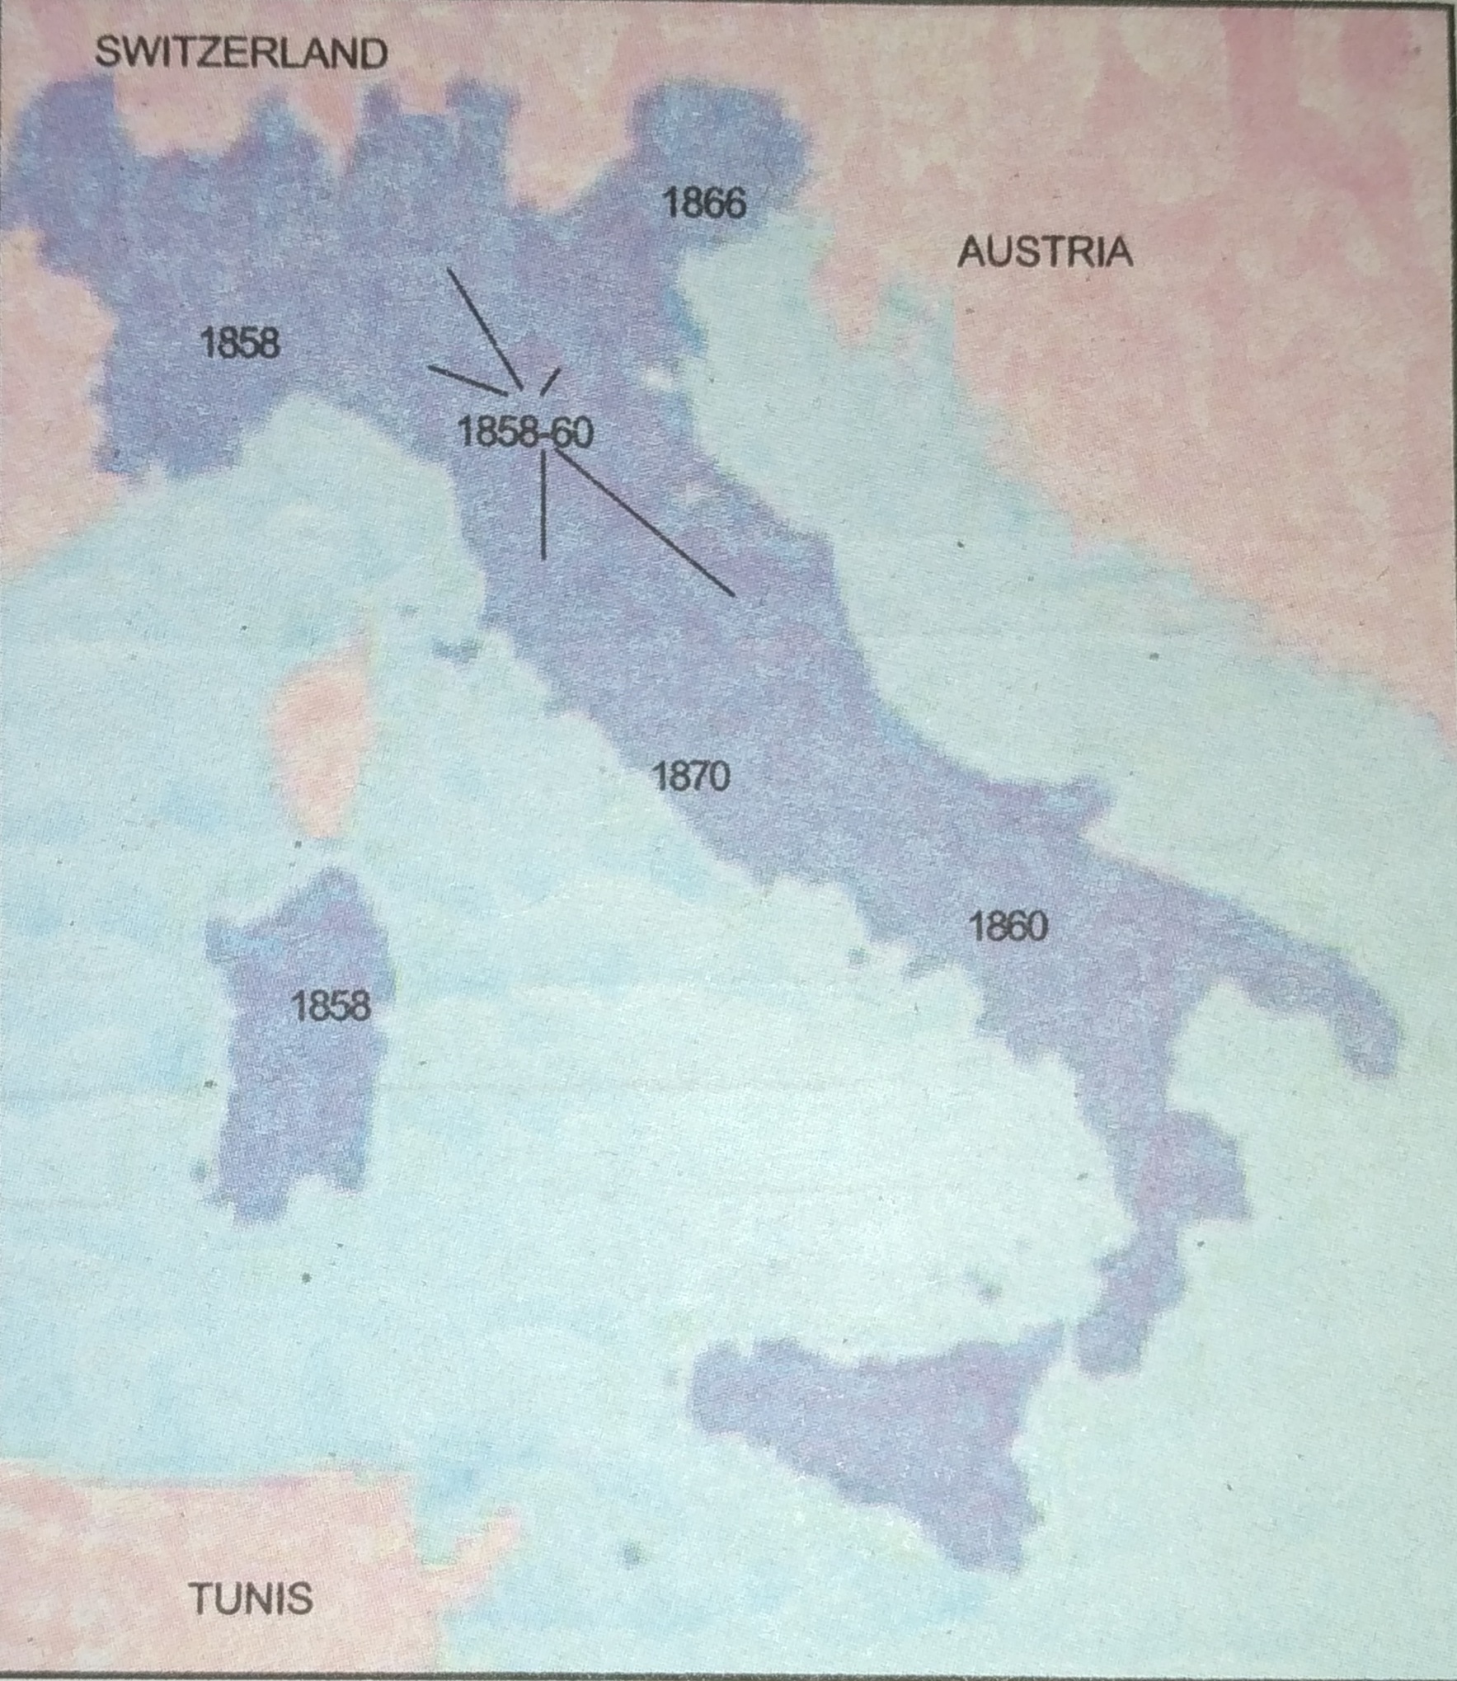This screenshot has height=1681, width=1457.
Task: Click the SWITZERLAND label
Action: (241, 54)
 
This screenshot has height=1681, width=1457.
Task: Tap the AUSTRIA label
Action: (1045, 251)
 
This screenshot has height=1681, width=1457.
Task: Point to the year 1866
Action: (704, 203)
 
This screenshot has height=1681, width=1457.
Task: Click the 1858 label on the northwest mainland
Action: (240, 342)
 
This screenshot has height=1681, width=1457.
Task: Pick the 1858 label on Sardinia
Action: (331, 1006)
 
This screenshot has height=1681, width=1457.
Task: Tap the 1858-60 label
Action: (524, 432)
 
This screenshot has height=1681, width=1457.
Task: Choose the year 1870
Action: (691, 776)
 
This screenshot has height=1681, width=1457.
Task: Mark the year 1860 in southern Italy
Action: (1008, 927)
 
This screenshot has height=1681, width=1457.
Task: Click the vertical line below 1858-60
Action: (543, 507)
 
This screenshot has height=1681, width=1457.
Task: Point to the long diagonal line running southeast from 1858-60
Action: (643, 524)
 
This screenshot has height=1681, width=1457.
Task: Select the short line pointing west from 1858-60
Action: (467, 380)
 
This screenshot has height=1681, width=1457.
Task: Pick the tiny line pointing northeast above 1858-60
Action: (550, 382)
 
